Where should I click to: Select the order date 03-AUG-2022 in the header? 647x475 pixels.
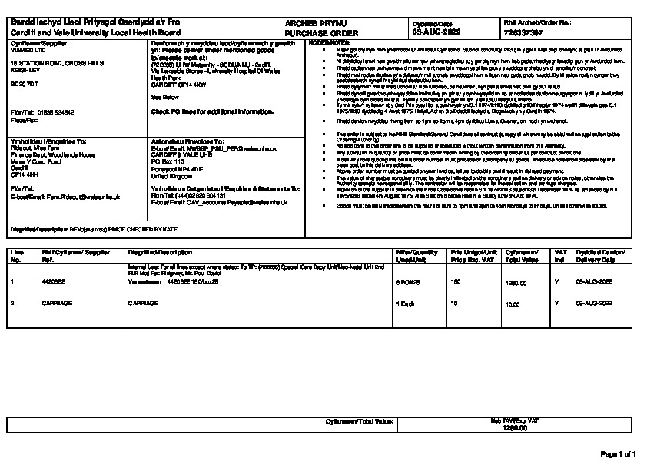(436, 34)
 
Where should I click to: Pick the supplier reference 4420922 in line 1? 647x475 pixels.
(53, 282)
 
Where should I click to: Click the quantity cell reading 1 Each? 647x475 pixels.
(405, 304)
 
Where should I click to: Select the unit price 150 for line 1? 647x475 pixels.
(455, 282)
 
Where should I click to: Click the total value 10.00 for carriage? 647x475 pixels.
(512, 304)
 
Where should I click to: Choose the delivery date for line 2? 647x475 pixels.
(593, 304)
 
